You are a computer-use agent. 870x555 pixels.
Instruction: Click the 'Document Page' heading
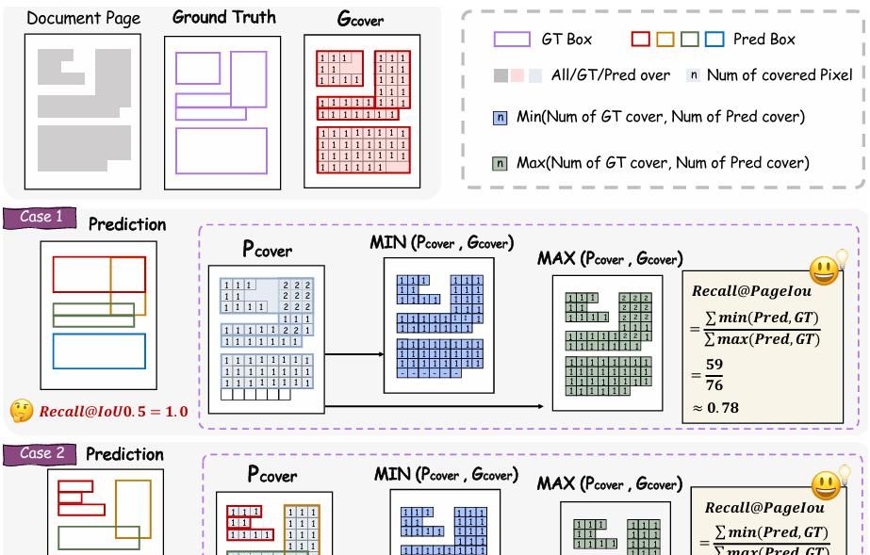83,18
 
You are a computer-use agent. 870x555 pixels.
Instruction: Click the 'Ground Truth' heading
224,17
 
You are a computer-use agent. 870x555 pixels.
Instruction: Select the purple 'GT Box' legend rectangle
512,40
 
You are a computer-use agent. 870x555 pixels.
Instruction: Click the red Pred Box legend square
641,40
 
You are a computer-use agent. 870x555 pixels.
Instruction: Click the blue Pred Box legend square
714,40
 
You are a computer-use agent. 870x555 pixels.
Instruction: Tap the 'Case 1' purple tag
41,218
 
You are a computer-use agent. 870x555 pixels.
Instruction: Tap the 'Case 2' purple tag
41,453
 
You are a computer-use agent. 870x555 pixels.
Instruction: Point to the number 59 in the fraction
714,364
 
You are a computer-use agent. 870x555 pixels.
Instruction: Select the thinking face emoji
21,411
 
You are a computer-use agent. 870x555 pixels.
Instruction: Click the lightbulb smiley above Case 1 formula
827,269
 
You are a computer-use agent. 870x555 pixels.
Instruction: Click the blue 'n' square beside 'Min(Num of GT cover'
501,118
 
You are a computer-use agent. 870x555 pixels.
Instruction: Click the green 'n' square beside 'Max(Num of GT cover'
501,163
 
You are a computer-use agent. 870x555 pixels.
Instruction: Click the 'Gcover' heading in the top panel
360,19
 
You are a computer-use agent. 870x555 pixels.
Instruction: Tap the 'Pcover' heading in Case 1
268,250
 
